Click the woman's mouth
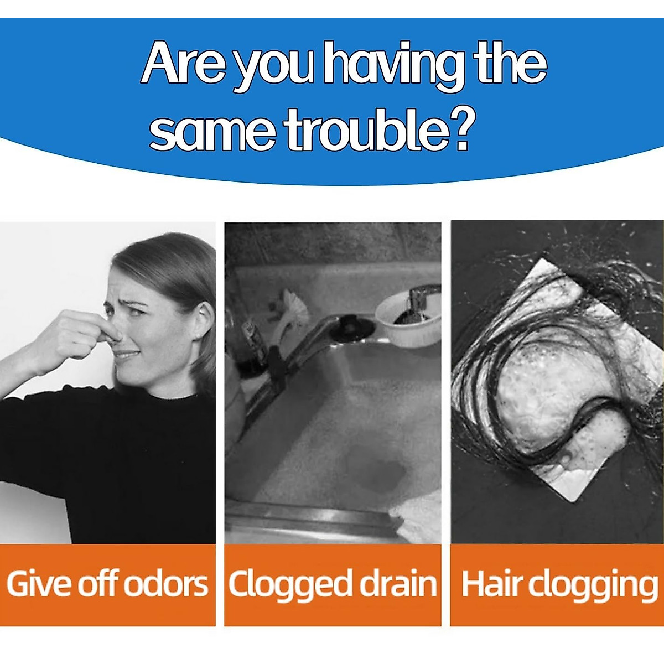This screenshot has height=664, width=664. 127,354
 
